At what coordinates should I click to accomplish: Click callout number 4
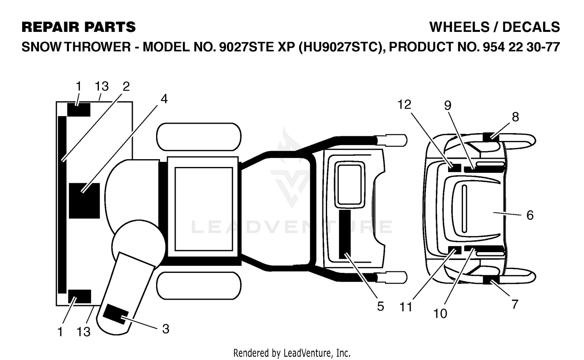(x=164, y=99)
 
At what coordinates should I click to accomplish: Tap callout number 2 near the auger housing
(x=126, y=86)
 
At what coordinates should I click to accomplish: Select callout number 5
(x=380, y=306)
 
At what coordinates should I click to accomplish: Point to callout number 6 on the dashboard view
(x=530, y=215)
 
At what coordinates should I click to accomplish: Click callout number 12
(x=405, y=105)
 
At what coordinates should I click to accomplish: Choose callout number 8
(x=515, y=117)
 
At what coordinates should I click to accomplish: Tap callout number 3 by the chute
(x=166, y=329)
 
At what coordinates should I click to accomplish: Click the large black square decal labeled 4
(x=84, y=201)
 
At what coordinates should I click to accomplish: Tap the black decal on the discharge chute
(x=116, y=314)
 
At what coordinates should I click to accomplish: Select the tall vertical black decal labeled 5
(x=345, y=234)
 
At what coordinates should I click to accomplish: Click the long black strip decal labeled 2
(x=62, y=205)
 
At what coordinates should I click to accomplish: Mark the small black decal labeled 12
(x=455, y=168)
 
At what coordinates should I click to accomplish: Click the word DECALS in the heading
(x=531, y=27)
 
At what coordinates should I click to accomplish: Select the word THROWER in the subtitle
(x=97, y=47)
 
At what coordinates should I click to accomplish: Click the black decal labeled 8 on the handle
(x=491, y=137)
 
